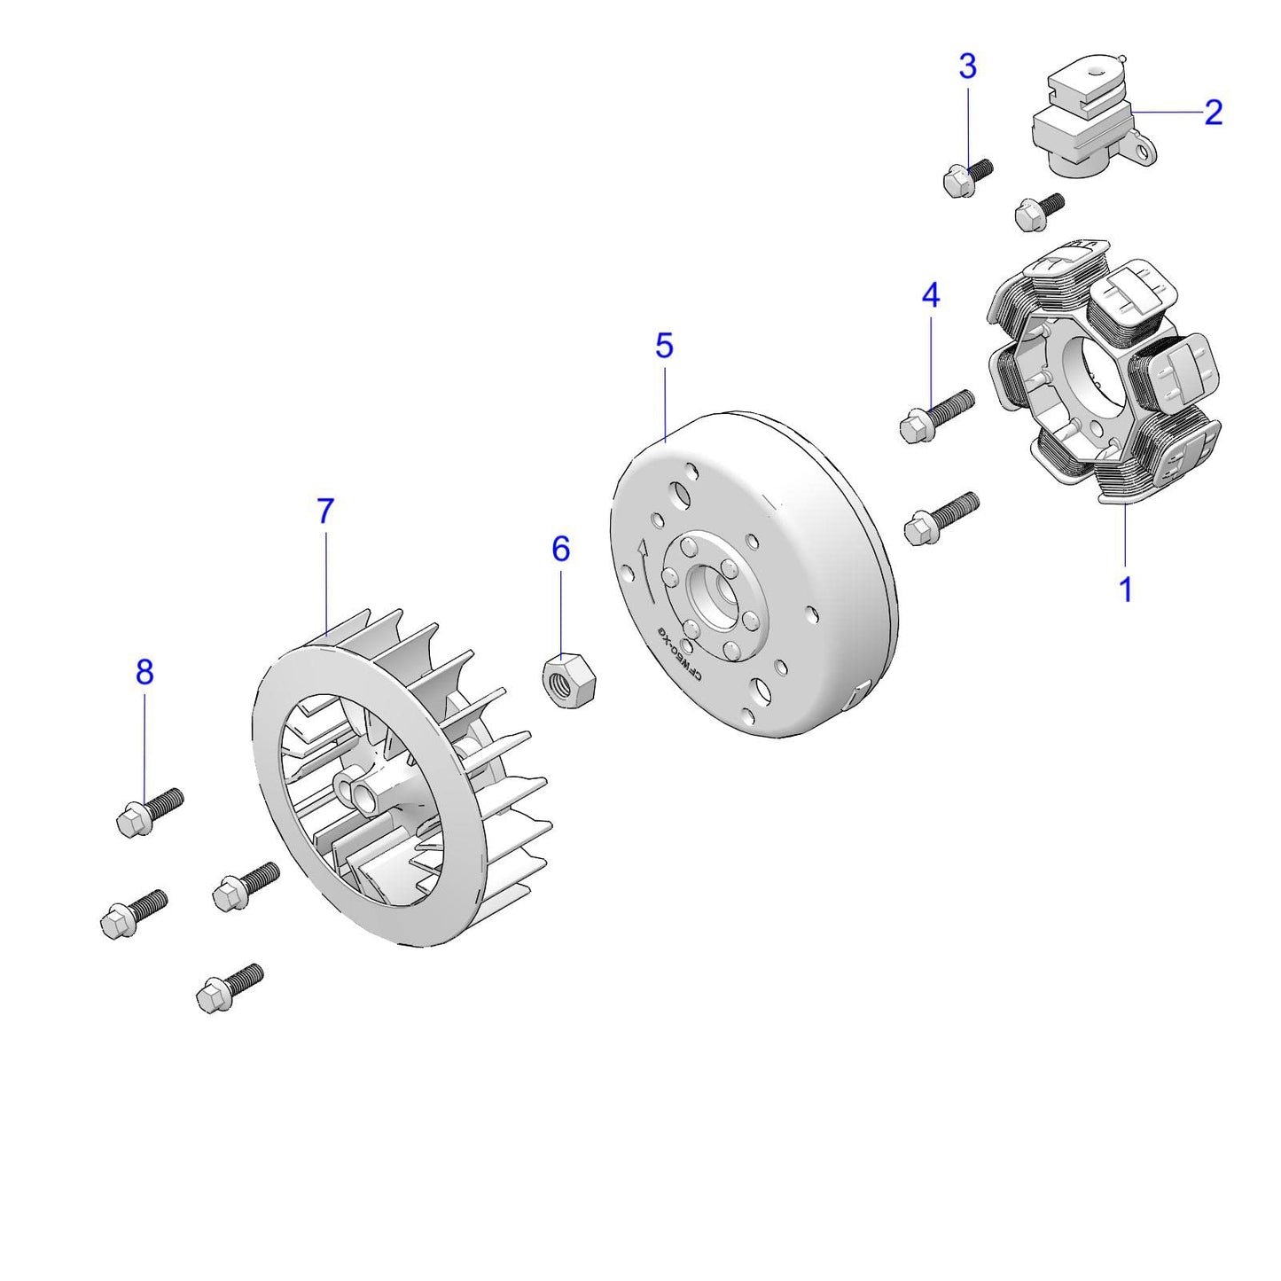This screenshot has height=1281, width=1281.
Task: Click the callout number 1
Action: pos(1125,590)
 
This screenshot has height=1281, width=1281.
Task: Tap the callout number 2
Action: pos(1214,113)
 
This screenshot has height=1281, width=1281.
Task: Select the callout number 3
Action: pos(967,66)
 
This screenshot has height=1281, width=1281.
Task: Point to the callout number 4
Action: pos(930,295)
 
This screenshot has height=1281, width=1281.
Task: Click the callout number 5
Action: pos(664,346)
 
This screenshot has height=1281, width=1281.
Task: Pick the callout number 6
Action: pos(560,550)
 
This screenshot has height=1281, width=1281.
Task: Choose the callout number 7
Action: pos(325,512)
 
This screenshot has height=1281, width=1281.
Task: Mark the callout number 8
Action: pos(145,672)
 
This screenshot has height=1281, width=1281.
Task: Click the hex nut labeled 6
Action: pos(567,680)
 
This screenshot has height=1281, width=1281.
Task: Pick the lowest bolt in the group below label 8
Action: pos(228,987)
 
